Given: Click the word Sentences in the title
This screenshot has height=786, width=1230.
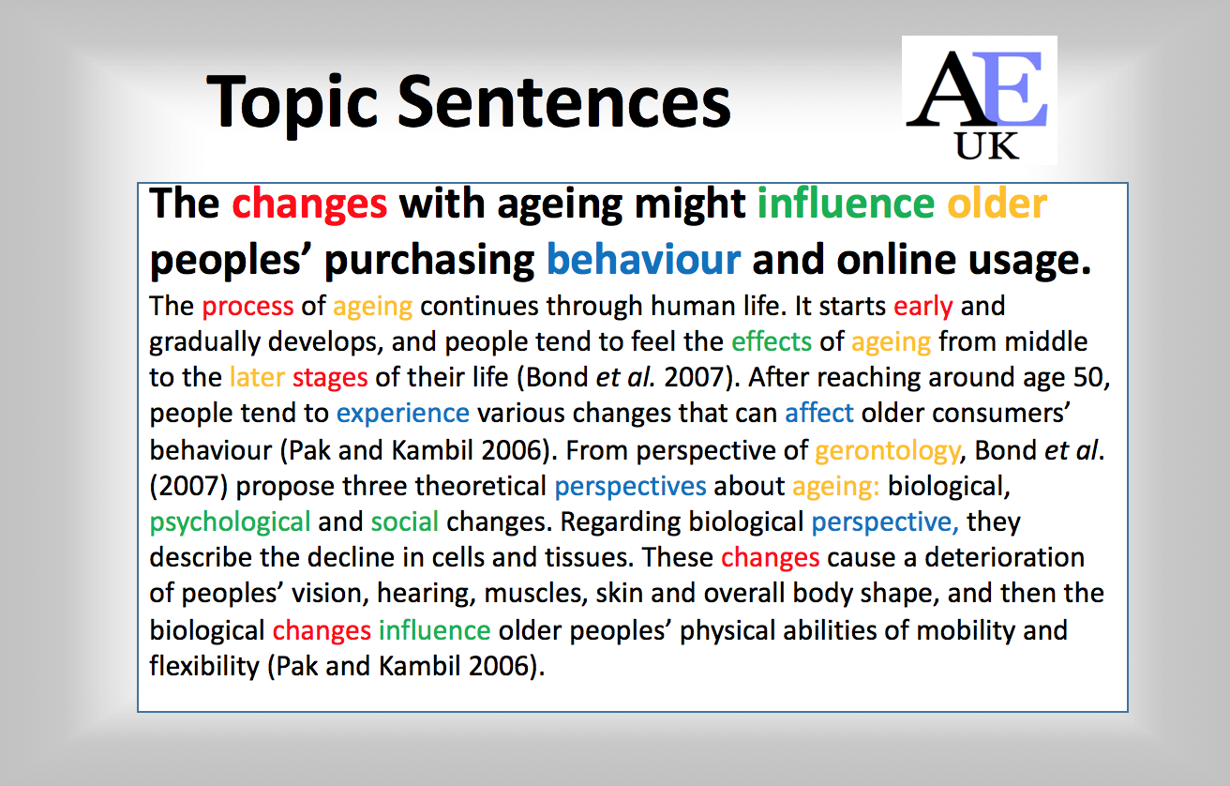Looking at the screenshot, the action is point(564,102).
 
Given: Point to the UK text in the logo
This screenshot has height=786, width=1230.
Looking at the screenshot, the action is point(987,146).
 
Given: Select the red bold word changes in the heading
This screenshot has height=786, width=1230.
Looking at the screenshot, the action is point(309,204).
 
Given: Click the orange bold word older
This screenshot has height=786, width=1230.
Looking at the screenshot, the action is point(997,204).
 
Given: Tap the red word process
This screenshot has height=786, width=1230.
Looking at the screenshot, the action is point(247,307).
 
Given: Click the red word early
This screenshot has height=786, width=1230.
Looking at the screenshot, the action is point(923,307).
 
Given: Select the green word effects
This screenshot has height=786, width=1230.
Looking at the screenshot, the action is point(772,341).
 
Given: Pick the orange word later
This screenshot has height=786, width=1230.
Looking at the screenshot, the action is point(257,377).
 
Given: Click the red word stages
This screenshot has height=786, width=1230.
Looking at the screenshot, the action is point(330,378).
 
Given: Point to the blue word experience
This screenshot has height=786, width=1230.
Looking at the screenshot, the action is point(403,414).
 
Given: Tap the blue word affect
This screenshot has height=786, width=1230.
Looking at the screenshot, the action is point(819,413).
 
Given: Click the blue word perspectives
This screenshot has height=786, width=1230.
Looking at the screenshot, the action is point(630,487).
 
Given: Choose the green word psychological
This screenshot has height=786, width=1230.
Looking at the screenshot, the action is point(230,522).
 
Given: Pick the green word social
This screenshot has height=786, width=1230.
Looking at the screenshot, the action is point(405,521).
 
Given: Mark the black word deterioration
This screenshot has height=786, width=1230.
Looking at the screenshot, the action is point(1005,557).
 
